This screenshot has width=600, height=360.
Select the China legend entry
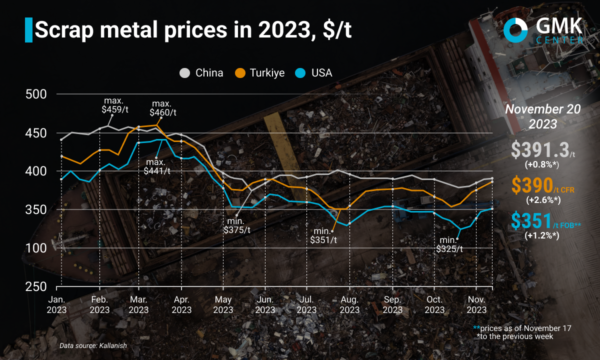(x=201, y=73)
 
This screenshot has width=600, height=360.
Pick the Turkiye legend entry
(x=260, y=73)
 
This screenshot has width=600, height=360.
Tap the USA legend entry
(x=314, y=73)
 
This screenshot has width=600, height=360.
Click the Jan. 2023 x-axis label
(x=57, y=304)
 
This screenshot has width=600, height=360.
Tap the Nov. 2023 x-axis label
(x=477, y=304)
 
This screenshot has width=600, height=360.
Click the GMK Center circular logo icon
(x=516, y=30)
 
